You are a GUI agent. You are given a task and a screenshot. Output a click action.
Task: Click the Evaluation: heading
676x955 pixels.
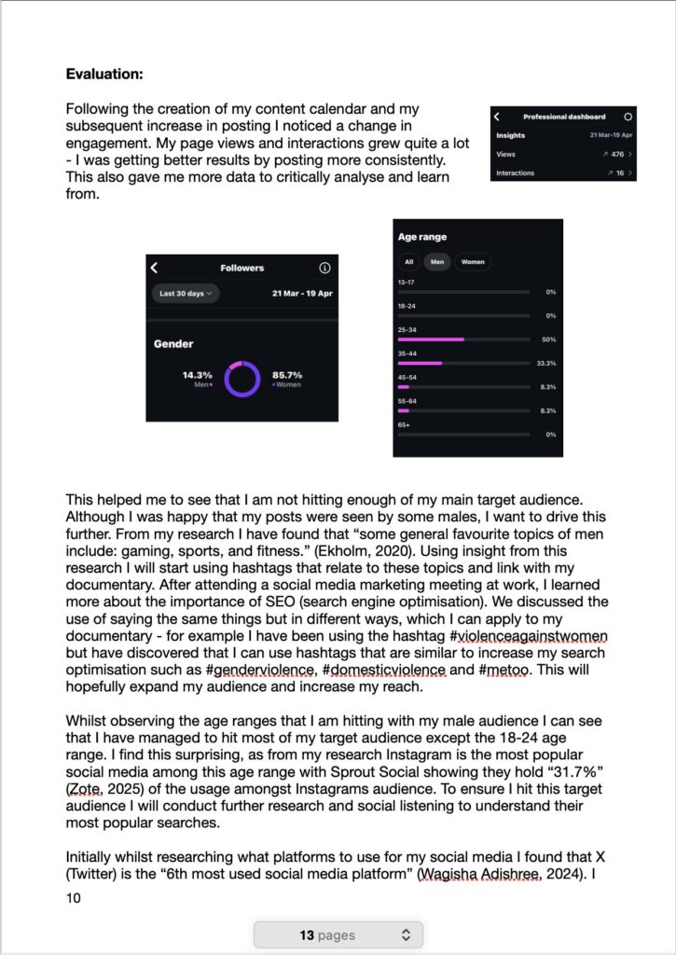click(104, 73)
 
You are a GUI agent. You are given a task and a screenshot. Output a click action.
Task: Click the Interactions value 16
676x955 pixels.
click(619, 173)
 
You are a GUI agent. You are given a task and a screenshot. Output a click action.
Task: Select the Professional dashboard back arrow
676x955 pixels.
click(497, 117)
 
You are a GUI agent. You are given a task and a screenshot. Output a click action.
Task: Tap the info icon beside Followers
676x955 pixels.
click(324, 269)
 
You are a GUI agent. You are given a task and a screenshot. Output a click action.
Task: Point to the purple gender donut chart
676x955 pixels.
click(241, 379)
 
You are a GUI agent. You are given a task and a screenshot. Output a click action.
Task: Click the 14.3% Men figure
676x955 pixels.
click(198, 375)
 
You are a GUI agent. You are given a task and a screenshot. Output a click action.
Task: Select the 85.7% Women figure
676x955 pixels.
click(287, 375)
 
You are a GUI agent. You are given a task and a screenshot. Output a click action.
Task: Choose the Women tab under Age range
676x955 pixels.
click(473, 262)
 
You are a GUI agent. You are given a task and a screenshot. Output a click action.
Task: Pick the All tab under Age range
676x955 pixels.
click(408, 262)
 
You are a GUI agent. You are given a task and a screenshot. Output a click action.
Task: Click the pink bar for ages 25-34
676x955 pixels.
click(431, 339)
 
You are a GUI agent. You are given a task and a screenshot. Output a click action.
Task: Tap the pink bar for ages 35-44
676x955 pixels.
click(420, 363)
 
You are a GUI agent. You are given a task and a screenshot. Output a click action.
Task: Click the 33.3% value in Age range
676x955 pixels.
click(546, 363)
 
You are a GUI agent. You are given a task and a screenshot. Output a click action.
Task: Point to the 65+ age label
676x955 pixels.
click(404, 425)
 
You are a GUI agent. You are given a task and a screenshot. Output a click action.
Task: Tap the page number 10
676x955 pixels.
click(74, 898)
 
